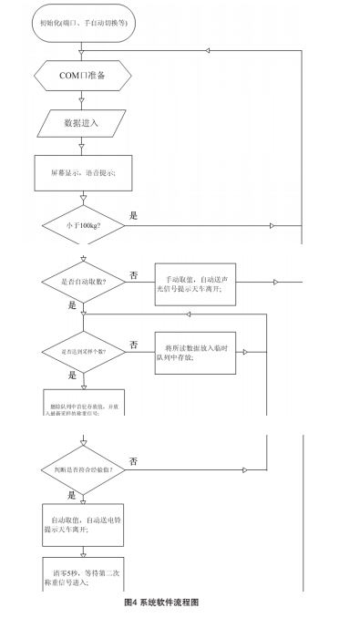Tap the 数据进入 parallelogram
tap(83, 122)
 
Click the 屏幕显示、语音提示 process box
tap(83, 171)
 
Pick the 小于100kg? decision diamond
tap(83, 224)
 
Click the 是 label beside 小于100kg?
tap(134, 216)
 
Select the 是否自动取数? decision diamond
tap(83, 281)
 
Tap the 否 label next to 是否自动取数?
tap(134, 273)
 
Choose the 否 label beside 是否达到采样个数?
tap(134, 345)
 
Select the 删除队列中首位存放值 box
tap(83, 407)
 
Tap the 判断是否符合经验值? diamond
tap(83, 469)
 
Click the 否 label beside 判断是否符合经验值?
tap(134, 461)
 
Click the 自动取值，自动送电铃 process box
tap(83, 522)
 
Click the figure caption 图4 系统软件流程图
tap(160, 603)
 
